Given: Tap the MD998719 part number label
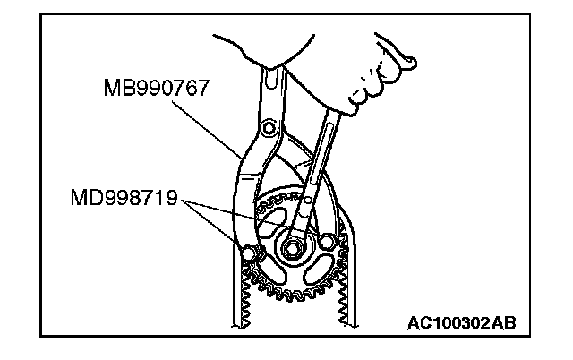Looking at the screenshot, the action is point(126,195).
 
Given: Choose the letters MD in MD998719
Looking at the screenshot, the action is point(82,195).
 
